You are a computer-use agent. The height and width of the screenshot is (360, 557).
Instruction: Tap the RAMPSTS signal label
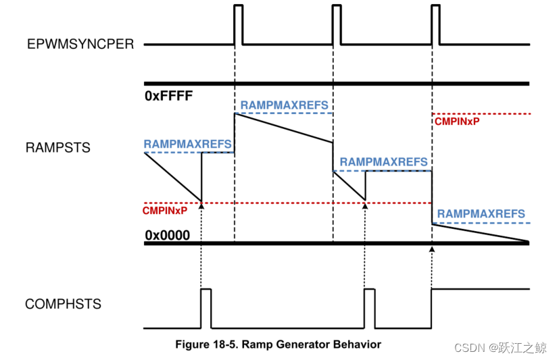click(x=57, y=148)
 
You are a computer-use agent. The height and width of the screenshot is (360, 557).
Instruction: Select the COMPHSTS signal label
click(x=63, y=304)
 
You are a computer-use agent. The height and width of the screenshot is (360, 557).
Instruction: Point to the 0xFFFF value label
click(x=169, y=96)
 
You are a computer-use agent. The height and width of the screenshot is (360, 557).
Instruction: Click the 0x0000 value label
click(x=167, y=236)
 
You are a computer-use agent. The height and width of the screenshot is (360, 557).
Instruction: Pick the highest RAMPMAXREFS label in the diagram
click(x=284, y=105)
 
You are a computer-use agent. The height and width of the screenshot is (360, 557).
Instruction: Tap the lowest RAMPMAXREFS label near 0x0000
click(x=481, y=214)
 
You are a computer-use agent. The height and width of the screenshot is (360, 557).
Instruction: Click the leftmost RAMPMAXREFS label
click(x=187, y=144)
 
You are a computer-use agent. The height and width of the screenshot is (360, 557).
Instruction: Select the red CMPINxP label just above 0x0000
click(x=165, y=210)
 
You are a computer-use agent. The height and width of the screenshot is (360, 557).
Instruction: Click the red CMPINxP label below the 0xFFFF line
click(x=456, y=122)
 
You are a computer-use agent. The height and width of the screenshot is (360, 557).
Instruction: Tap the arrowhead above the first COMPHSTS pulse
click(x=201, y=204)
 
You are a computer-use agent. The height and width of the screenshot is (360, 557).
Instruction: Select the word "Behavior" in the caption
click(x=358, y=344)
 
